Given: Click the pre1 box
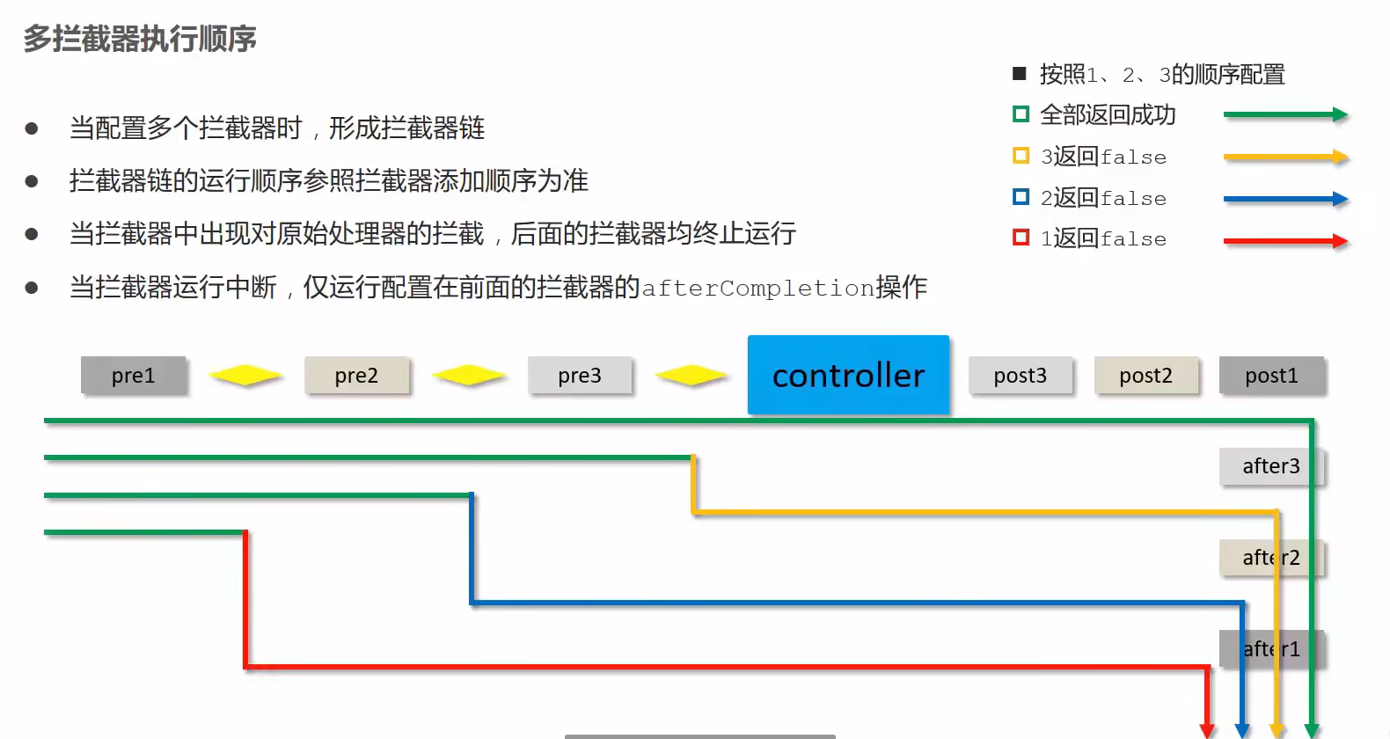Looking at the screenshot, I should pyautogui.click(x=134, y=376).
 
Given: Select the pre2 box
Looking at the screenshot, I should pyautogui.click(x=356, y=376).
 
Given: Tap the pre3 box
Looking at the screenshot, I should pyautogui.click(x=580, y=376).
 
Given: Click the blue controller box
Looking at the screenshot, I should pyautogui.click(x=848, y=375).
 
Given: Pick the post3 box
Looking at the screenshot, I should pyautogui.click(x=1021, y=376).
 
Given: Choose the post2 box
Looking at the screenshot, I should pyautogui.click(x=1145, y=376).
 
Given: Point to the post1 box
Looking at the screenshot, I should pyautogui.click(x=1271, y=376).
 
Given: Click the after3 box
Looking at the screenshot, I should pyautogui.click(x=1270, y=466).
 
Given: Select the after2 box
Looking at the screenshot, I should pyautogui.click(x=1270, y=558).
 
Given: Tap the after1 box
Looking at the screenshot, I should pyautogui.click(x=1270, y=649).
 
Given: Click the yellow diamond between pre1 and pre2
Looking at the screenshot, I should pyautogui.click(x=245, y=376).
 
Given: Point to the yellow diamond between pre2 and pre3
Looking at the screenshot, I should pyautogui.click(x=469, y=376).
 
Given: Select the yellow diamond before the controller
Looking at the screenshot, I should pyautogui.click(x=692, y=376).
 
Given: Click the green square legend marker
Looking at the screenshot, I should pyautogui.click(x=1021, y=114).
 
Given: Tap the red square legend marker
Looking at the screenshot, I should pyautogui.click(x=1021, y=238).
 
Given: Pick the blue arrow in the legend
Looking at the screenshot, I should pyautogui.click(x=1285, y=199).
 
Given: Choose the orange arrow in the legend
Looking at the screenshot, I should pyautogui.click(x=1285, y=157).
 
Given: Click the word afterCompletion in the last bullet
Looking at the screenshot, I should pyautogui.click(x=757, y=288).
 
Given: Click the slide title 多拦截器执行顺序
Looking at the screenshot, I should pyautogui.click(x=140, y=39).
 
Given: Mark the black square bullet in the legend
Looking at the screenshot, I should pyautogui.click(x=1020, y=74).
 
